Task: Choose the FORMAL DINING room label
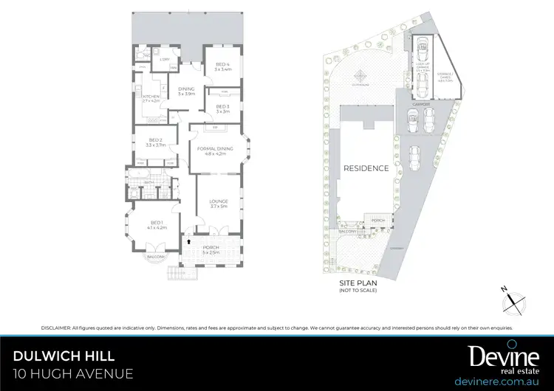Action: point(215,150)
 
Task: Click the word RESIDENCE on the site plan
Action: point(366,168)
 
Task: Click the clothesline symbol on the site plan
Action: point(360,75)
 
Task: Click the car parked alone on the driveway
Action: point(416,157)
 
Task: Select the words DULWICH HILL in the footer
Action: point(64,356)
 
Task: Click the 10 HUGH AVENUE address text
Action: point(73,374)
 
